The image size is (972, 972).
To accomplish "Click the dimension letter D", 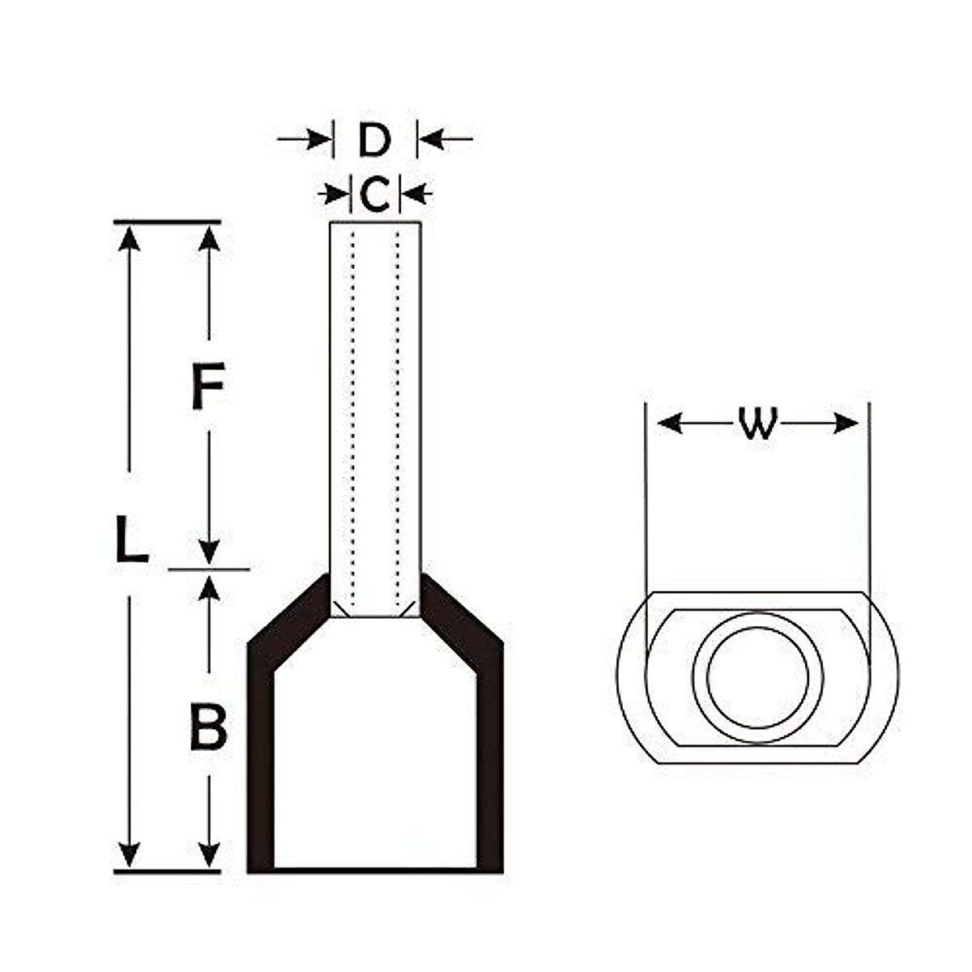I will pos(374,140).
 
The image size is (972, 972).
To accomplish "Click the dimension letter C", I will pos(374,194).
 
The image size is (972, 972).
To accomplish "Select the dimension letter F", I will pos(207,386).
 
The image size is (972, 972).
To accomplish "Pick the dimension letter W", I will pos(758,424).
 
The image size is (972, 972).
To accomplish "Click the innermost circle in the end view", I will pos(758,677).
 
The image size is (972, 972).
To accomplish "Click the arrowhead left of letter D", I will pos(320,140).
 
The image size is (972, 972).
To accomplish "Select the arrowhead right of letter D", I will pos(430,140).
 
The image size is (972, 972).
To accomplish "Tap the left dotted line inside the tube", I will pos(353,405).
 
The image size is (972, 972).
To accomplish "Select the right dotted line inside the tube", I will pos(398,405).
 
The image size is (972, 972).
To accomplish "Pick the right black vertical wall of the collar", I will pos(489,769).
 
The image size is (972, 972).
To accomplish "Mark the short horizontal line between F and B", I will pos(209,569).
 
